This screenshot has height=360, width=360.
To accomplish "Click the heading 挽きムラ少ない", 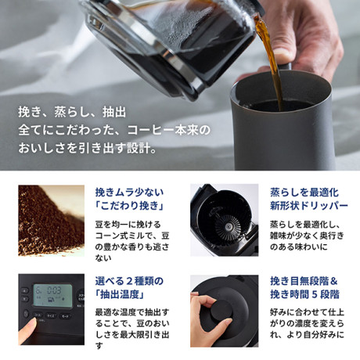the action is point(129,193).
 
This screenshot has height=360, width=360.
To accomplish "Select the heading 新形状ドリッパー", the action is point(309,206).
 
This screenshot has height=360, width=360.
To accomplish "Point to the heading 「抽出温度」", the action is point(121,294).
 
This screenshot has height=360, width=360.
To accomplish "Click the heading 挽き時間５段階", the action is point(304,294).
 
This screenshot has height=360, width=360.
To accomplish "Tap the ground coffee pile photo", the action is point(52,221).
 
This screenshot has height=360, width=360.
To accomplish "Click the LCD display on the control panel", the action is point(52,295).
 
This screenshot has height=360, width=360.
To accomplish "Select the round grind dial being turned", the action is point(221,310).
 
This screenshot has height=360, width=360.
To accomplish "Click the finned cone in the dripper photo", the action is point(228,228).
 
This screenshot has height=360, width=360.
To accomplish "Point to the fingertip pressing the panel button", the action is point(31,324).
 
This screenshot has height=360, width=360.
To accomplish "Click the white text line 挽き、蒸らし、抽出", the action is point(72,112).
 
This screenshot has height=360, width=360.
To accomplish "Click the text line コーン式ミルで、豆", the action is point(132,236).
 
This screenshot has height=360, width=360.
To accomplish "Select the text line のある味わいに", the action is point(298,247).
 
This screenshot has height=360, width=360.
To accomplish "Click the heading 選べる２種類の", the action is point(129,281).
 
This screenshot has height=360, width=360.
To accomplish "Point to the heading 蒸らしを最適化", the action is point(304,193).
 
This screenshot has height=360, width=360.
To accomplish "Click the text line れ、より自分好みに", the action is point(307,334).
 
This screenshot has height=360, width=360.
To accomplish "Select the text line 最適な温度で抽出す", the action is point(132,312).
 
